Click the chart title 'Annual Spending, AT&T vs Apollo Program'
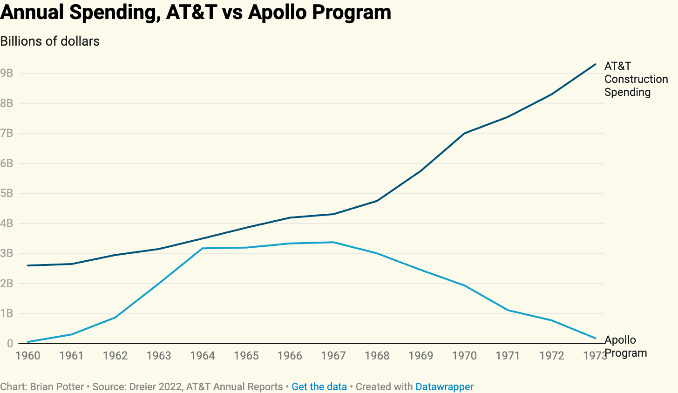point(196,12)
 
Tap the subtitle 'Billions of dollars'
point(50,41)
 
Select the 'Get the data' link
point(319,386)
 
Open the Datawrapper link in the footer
point(444,386)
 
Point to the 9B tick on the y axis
point(7,73)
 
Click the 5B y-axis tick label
point(7,193)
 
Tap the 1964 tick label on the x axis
point(203,356)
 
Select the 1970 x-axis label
point(464,356)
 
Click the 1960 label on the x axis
point(28,356)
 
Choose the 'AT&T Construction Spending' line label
point(636,79)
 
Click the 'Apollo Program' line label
point(625,346)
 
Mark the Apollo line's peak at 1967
point(333,242)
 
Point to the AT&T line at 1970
point(464,133)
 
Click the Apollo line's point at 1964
point(203,248)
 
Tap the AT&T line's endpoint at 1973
point(595,64)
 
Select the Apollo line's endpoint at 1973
point(595,338)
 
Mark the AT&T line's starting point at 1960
point(28,265)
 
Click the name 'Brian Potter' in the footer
point(57,386)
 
